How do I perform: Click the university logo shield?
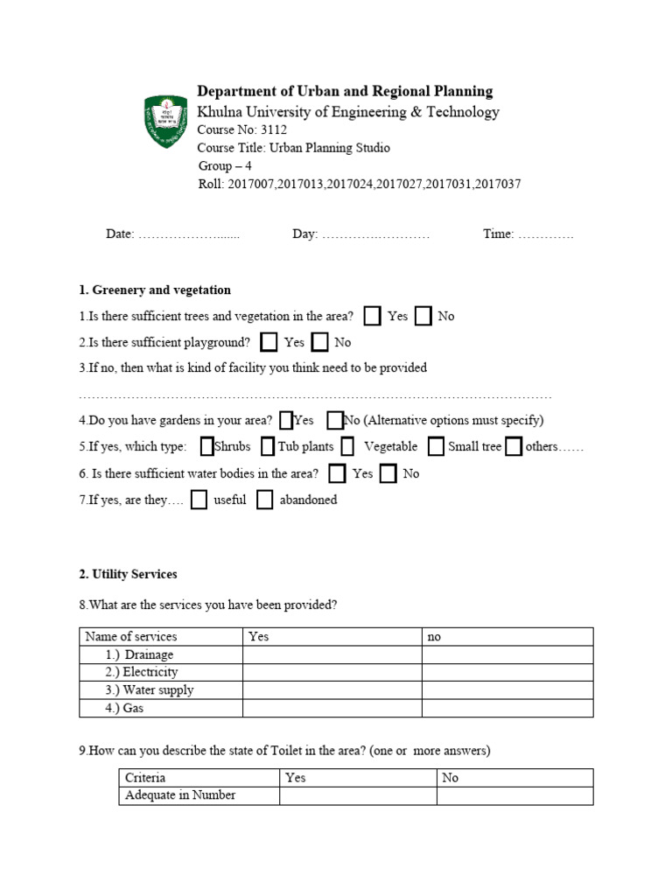coord(165,122)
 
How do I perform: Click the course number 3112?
coord(273,130)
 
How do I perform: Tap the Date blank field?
coord(189,234)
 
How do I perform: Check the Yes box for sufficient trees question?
coord(372,316)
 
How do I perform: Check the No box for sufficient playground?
coord(320,342)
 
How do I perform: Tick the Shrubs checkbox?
coord(206,447)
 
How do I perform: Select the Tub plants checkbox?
coord(268,447)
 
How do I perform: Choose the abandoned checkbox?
coord(265,500)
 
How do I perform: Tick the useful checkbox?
coord(199,500)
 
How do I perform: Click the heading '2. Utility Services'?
coord(128,574)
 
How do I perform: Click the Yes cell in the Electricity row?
coord(332,672)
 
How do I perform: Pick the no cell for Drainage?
coord(507,654)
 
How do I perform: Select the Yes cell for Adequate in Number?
coord(358,795)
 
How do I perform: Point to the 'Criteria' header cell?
coord(145,777)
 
